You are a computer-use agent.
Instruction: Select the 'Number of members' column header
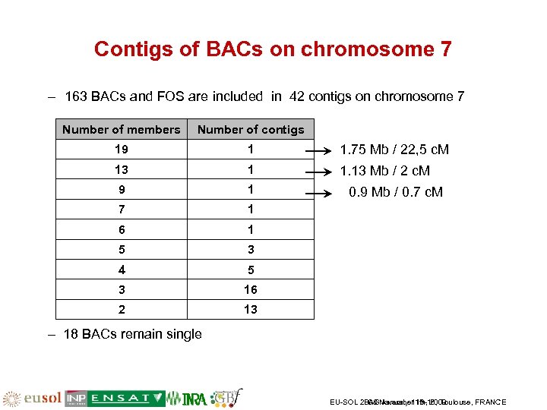pyautogui.click(x=122, y=130)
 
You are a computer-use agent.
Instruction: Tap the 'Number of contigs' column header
pyautogui.click(x=251, y=130)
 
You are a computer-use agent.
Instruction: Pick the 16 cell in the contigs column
pyautogui.click(x=251, y=289)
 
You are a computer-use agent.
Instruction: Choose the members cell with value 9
pyautogui.click(x=122, y=189)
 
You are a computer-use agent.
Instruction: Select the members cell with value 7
pyautogui.click(x=122, y=210)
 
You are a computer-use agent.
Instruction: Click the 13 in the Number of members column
pyautogui.click(x=122, y=169)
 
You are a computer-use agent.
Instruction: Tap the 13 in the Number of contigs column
pyautogui.click(x=251, y=309)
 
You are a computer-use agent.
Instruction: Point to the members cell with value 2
pyautogui.click(x=122, y=309)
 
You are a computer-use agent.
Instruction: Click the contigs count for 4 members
pyautogui.click(x=251, y=270)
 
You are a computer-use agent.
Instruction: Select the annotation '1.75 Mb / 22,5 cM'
pyautogui.click(x=394, y=150)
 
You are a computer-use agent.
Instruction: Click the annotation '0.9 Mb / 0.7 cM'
pyautogui.click(x=395, y=192)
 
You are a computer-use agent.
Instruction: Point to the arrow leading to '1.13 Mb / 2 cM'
pyautogui.click(x=323, y=171)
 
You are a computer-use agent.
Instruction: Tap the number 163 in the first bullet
pyautogui.click(x=76, y=96)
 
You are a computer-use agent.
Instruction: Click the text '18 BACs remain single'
pyautogui.click(x=132, y=334)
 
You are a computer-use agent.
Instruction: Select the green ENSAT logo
pyautogui.click(x=125, y=398)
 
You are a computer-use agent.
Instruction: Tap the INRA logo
pyautogui.click(x=187, y=398)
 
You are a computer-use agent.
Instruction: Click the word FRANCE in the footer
pyautogui.click(x=490, y=402)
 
